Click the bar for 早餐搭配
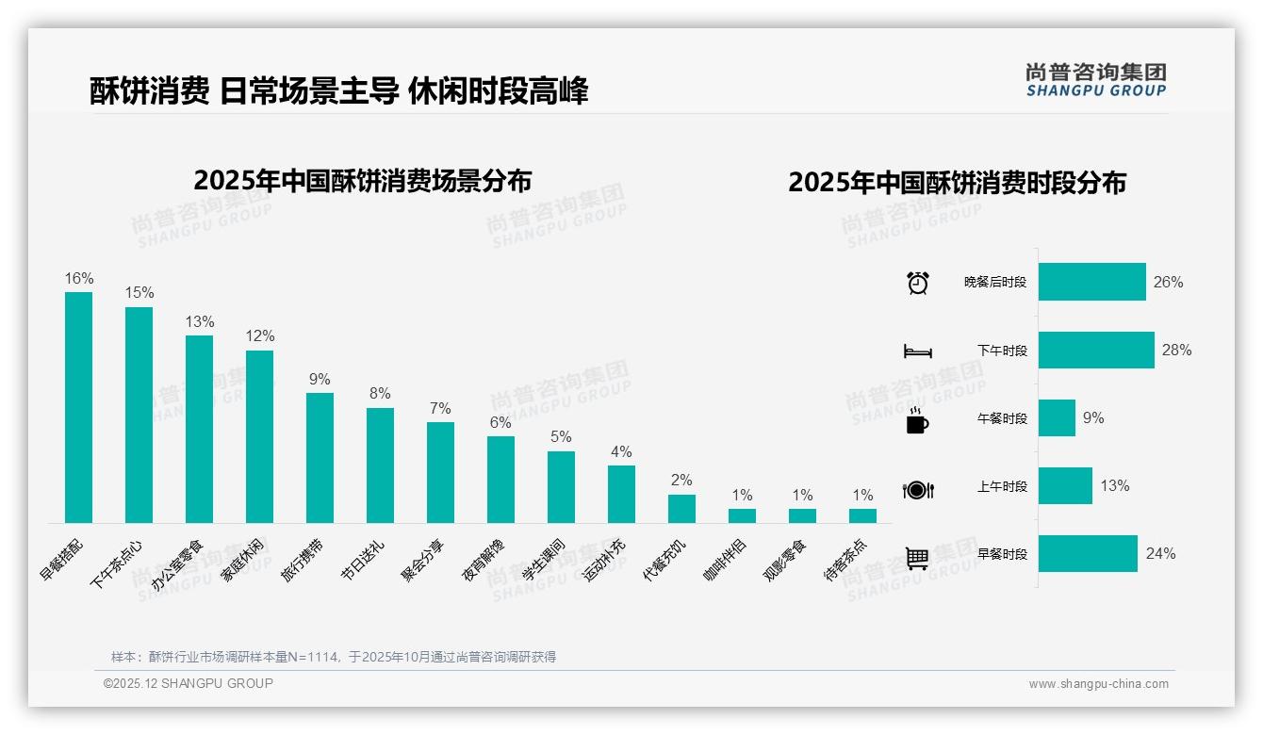(x=78, y=407)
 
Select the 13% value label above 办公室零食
(x=199, y=322)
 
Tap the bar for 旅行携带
(x=320, y=457)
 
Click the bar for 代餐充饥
(x=681, y=509)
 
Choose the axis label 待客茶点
(x=845, y=560)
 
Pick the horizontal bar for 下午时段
(x=1095, y=350)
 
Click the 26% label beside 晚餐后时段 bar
(x=1168, y=282)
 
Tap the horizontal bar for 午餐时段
(x=1057, y=417)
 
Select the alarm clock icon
(x=918, y=283)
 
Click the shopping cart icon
(x=917, y=558)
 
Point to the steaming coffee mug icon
(x=917, y=420)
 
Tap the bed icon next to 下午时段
(x=917, y=351)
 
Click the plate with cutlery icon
(x=917, y=489)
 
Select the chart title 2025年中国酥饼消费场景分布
(x=362, y=181)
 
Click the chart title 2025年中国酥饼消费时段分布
(x=957, y=183)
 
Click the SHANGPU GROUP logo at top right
(x=1095, y=80)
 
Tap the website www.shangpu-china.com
(x=1098, y=684)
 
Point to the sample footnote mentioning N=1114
(x=334, y=657)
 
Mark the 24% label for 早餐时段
(x=1160, y=553)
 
